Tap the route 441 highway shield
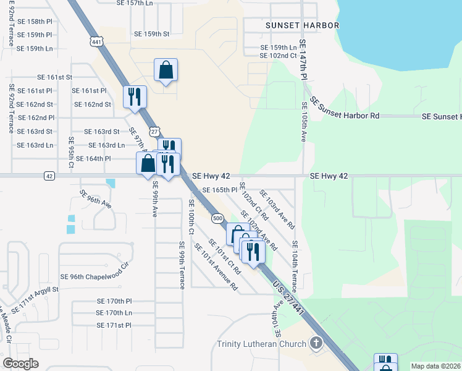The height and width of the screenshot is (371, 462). coord(95,41)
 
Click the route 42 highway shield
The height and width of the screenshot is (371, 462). coord(49,176)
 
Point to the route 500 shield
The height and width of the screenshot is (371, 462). coord(217,218)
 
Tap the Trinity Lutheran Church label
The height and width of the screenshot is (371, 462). coord(261,344)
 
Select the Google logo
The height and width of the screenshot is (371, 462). coord(20,364)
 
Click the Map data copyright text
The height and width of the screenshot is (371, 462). coord(435,366)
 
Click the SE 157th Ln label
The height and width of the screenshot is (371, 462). coord(134,3)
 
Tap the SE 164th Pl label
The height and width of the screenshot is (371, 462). coord(91,159)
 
